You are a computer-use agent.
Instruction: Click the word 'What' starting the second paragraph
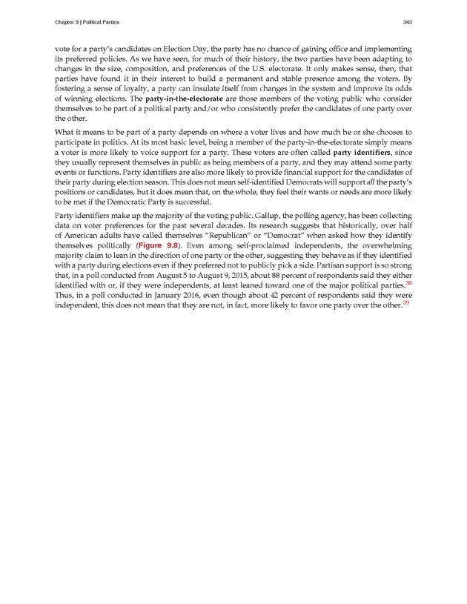pyautogui.click(x=64, y=132)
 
